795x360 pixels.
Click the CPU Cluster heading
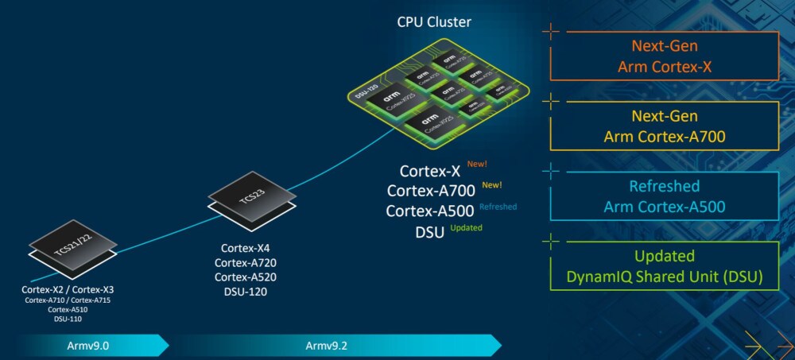tap(434, 22)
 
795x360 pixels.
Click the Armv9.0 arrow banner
tap(83, 346)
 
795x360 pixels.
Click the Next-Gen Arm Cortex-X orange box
tap(664, 56)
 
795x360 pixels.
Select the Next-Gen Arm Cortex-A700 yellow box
tap(664, 126)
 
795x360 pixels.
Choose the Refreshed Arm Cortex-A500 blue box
tap(664, 197)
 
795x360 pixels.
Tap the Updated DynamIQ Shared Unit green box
tap(664, 266)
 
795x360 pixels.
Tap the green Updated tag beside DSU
tap(466, 228)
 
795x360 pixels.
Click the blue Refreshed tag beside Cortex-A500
tap(498, 207)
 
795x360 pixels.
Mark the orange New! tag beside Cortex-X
tap(477, 165)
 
